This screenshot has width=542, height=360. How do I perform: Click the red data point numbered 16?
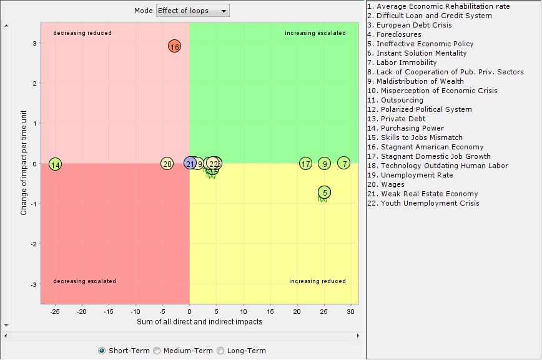[174, 46]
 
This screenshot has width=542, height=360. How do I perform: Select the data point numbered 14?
[56, 164]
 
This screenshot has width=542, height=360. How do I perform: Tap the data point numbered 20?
[167, 164]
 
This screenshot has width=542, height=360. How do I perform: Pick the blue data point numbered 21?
[190, 164]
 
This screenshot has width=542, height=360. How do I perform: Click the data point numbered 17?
[305, 164]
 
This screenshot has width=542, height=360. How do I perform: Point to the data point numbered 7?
[344, 163]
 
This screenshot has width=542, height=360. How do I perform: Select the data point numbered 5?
[324, 192]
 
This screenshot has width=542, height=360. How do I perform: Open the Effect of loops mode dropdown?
[192, 11]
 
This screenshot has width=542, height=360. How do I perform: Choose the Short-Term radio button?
[102, 351]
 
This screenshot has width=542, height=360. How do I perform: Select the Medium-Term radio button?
[157, 351]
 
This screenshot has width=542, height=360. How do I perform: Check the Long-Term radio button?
[220, 351]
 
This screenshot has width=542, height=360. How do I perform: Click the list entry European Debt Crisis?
[410, 25]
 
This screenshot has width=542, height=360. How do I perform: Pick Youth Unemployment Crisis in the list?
[423, 203]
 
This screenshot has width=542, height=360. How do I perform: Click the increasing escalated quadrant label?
[315, 33]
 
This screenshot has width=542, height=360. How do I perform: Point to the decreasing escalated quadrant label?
[84, 281]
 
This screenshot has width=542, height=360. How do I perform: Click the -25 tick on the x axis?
[55, 311]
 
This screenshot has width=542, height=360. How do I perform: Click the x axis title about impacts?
[199, 322]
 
